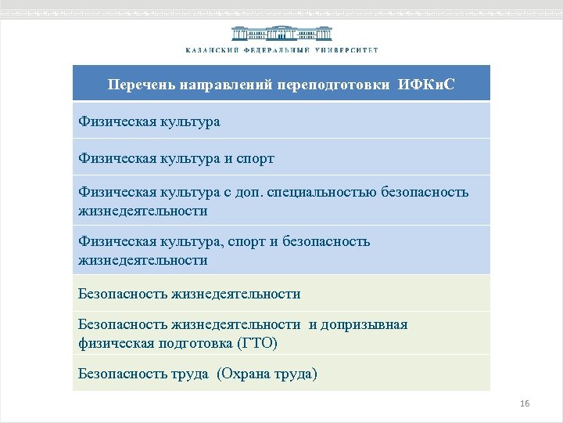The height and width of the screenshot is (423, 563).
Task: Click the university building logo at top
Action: [281, 34]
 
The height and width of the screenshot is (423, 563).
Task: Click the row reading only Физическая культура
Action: [149, 122]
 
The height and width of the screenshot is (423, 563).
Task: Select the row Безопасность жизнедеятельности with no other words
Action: [189, 294]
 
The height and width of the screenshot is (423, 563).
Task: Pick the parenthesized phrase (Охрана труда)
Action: [267, 374]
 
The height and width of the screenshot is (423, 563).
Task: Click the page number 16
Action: [525, 403]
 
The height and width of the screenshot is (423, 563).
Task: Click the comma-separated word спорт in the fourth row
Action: [246, 241]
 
